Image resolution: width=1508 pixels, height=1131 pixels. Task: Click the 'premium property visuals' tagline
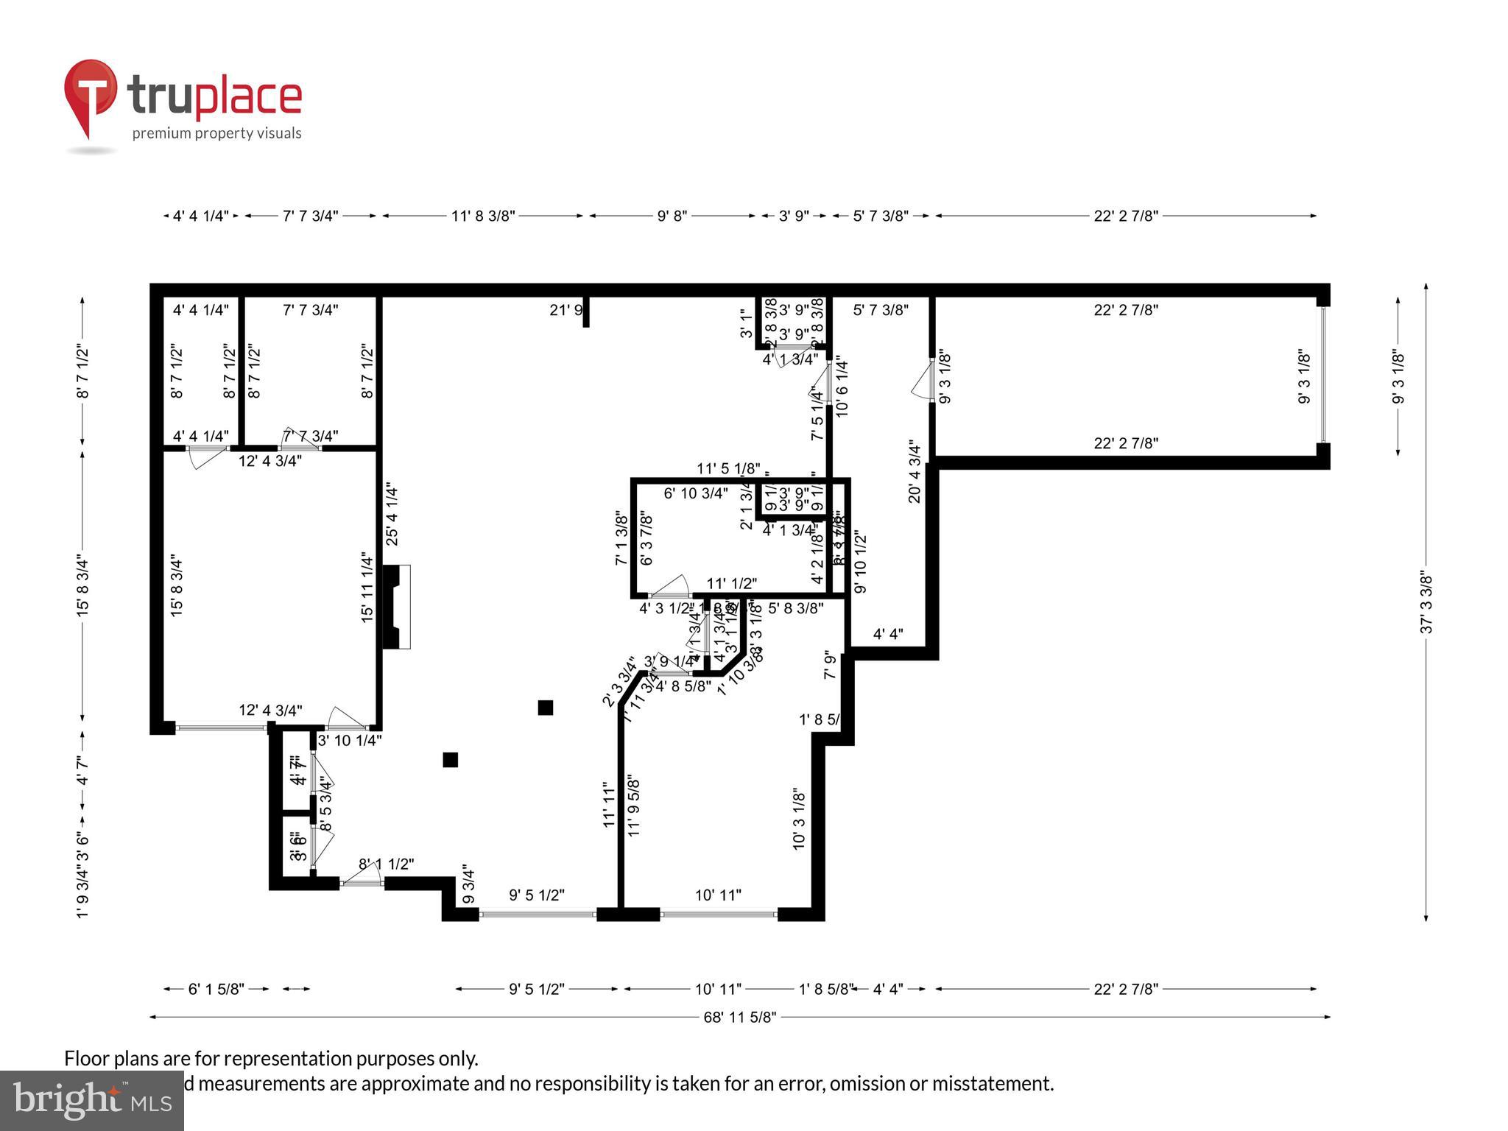tap(216, 133)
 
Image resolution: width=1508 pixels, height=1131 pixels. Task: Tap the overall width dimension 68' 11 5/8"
tap(739, 1017)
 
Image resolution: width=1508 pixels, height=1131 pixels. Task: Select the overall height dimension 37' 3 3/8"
tap(1426, 602)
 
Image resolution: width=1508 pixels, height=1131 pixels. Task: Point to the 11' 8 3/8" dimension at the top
tap(482, 216)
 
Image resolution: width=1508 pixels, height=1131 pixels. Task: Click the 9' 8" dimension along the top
tap(672, 216)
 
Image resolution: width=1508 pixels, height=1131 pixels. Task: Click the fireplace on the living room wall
tap(397, 606)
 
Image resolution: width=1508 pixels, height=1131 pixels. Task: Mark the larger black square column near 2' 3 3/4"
tap(545, 708)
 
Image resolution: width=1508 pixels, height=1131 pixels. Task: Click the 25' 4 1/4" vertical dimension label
tap(392, 515)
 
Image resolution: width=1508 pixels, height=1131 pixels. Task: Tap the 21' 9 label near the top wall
tap(566, 310)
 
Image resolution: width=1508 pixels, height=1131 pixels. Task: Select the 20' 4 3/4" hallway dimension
tap(915, 471)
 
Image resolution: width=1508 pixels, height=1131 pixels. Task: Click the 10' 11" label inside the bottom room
tap(718, 895)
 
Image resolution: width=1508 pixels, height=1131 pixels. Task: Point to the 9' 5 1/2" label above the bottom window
tap(537, 895)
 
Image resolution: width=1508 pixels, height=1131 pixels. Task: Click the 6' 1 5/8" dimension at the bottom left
tap(216, 989)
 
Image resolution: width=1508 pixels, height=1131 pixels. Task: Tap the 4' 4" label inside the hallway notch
tap(888, 634)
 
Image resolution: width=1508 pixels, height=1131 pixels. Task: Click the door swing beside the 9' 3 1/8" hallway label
tap(921, 382)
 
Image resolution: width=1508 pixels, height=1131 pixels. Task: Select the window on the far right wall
tap(1322, 376)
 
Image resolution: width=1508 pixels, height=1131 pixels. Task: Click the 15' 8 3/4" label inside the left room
tap(177, 585)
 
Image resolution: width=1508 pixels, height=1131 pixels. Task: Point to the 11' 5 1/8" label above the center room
tap(728, 468)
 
